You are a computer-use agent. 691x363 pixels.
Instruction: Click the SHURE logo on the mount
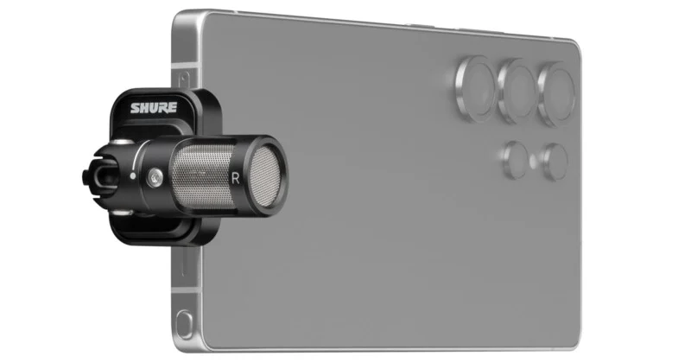154,109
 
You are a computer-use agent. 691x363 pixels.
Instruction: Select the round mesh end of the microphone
267,175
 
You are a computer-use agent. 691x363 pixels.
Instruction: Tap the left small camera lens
517,159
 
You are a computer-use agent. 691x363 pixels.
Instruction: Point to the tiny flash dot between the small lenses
536,159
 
